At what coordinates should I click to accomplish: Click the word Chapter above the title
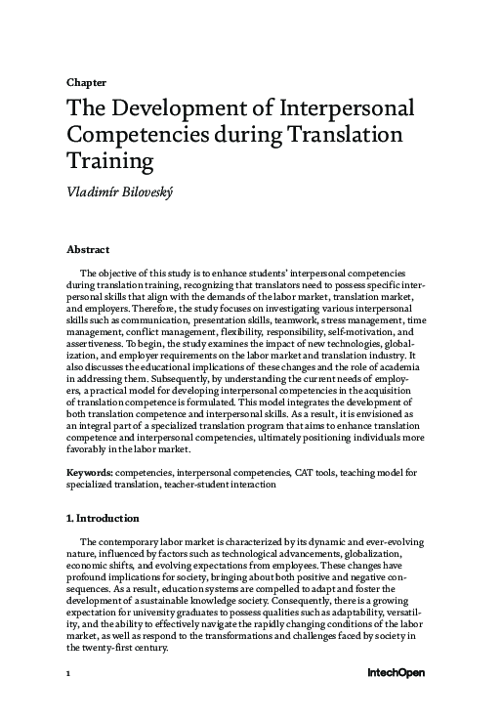[x=86, y=82]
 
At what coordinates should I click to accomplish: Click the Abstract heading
[x=88, y=250]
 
